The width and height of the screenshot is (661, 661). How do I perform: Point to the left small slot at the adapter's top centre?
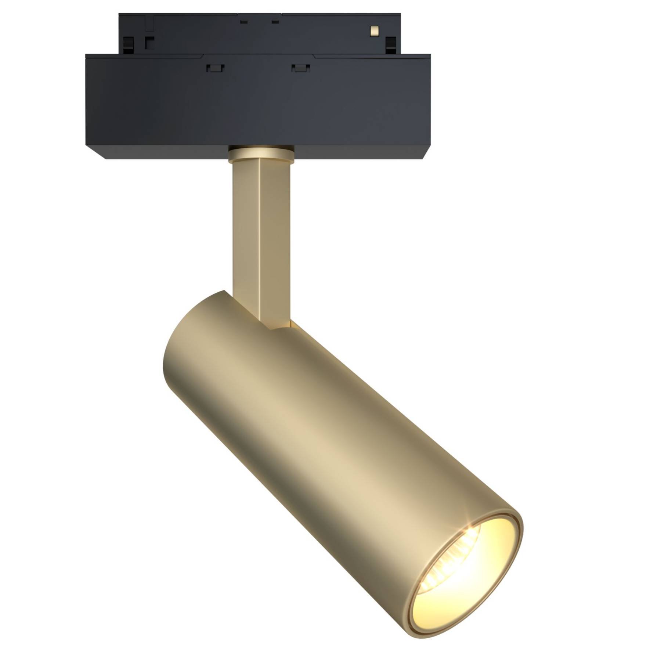click(x=242, y=22)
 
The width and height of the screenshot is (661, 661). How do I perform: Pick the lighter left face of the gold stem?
click(x=244, y=235)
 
